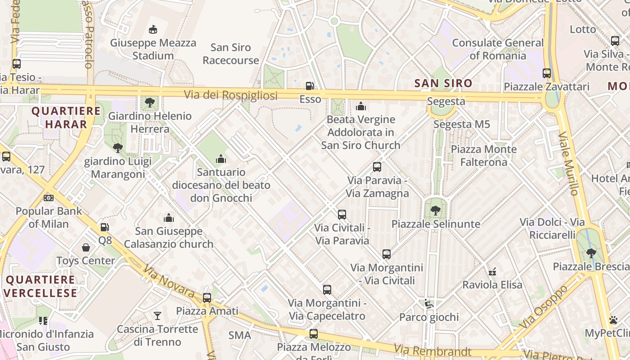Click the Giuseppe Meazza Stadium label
click(x=153, y=49)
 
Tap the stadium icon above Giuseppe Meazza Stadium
click(x=153, y=30)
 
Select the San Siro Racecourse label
click(x=231, y=54)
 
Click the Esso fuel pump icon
click(x=310, y=85)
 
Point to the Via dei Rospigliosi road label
click(x=230, y=95)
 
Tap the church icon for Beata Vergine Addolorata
click(x=361, y=107)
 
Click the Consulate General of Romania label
click(x=498, y=49)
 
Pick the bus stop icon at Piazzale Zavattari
click(x=547, y=73)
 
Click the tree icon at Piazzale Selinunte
click(x=436, y=211)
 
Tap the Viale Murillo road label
click(x=568, y=163)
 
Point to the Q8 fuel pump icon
click(x=104, y=228)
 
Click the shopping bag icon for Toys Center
click(x=86, y=247)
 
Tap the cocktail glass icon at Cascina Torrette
click(x=157, y=315)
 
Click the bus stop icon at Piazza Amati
click(x=207, y=297)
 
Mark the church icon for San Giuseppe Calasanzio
click(x=169, y=218)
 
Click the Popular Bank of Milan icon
click(x=49, y=198)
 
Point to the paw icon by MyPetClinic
click(x=613, y=320)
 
